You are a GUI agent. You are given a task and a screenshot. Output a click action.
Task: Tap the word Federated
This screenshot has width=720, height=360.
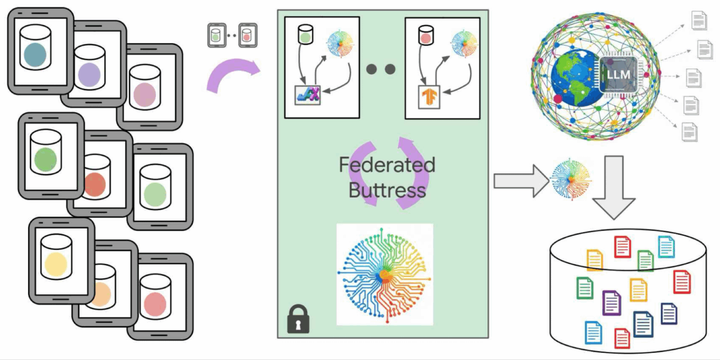tap(387, 165)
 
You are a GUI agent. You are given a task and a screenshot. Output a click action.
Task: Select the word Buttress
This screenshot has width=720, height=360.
tap(387, 190)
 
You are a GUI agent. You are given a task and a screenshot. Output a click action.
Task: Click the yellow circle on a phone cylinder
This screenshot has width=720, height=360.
tap(56, 263)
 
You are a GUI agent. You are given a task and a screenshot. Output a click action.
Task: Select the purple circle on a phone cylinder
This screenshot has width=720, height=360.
tap(88, 75)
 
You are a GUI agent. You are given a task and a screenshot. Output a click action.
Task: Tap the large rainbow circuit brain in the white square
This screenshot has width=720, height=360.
tap(385, 274)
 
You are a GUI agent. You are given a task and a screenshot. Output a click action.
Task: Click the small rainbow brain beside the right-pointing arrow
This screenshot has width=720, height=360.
tap(571, 179)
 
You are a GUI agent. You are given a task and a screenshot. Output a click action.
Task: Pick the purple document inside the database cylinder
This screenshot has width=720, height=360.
tap(611, 302)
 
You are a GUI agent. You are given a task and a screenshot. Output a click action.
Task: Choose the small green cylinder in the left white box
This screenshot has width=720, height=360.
tap(305, 35)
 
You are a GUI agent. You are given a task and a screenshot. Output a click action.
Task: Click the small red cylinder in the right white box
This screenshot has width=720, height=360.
tap(425, 35)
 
